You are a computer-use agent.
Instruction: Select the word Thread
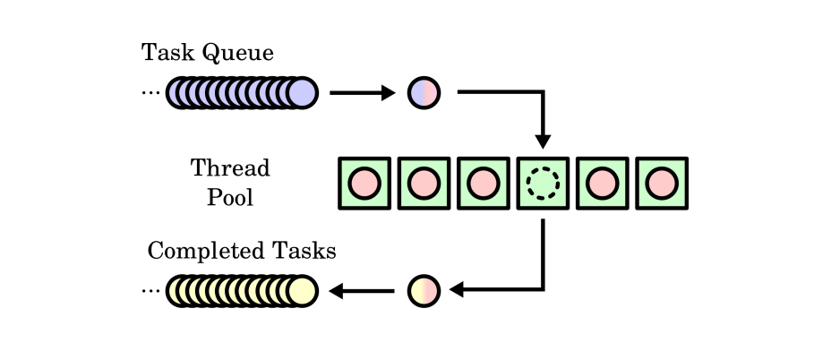230,168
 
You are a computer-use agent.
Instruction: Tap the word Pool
230,197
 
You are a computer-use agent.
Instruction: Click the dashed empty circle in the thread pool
542,184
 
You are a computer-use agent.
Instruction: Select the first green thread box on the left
364,184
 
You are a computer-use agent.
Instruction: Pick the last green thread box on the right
661,184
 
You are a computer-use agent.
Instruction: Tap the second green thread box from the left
423,184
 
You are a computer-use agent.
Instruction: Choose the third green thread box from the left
483,184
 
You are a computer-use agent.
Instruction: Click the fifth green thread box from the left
602,184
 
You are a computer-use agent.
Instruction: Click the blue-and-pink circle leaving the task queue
424,92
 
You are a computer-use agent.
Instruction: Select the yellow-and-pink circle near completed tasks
424,290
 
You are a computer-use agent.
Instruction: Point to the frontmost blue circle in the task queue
303,92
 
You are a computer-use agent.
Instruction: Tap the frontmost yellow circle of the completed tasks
303,290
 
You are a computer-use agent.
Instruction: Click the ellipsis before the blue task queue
150,94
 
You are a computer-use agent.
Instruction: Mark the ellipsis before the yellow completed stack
150,292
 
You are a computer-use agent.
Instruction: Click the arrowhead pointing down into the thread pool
542,141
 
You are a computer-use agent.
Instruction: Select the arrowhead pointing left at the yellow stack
338,290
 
